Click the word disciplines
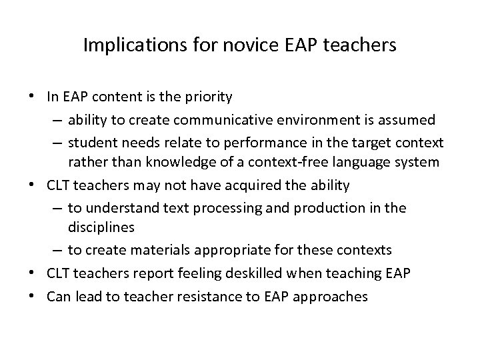click(x=101, y=227)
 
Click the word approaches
click(x=331, y=297)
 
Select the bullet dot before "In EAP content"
click(x=33, y=97)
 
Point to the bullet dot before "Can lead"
click(x=33, y=296)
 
